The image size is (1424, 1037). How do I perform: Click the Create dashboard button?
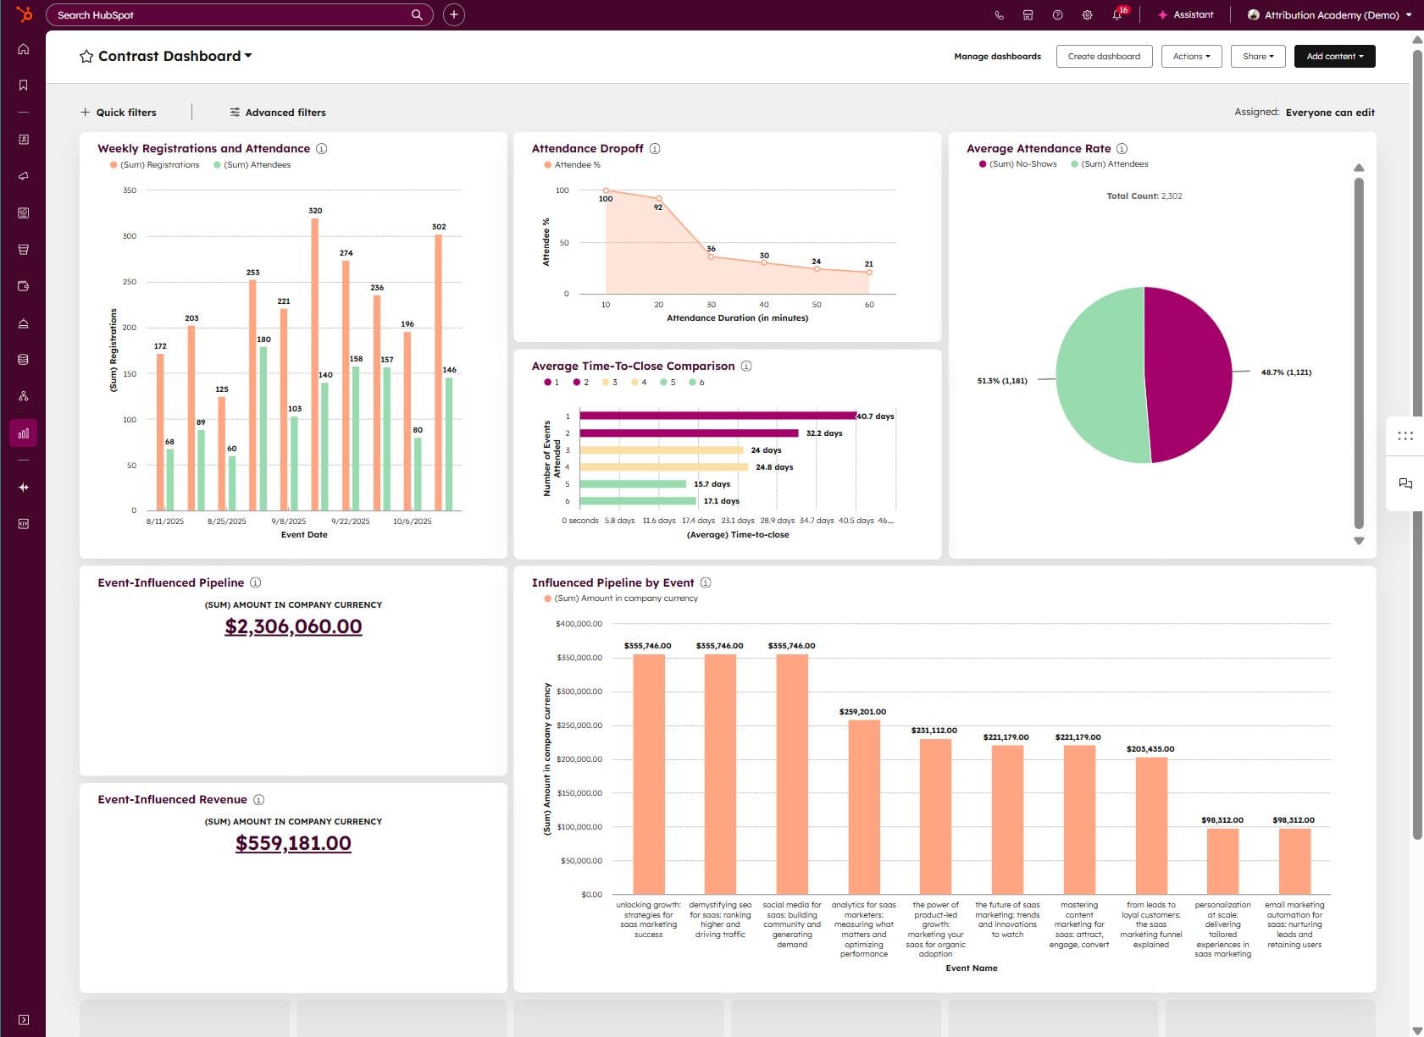tap(1104, 57)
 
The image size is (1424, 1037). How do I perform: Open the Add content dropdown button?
tap(1334, 57)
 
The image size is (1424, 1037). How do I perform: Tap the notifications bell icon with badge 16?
tap(1118, 15)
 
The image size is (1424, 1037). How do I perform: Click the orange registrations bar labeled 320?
tap(315, 364)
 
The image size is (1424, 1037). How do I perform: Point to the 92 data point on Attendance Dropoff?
tap(659, 199)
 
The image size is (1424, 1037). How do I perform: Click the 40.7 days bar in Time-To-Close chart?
tap(717, 416)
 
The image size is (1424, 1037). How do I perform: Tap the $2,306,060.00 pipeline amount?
tap(293, 626)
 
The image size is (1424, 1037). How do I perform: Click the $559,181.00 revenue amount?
tap(293, 843)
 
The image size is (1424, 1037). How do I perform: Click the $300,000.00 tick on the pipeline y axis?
tap(579, 692)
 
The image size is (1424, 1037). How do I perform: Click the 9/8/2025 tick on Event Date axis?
tap(289, 521)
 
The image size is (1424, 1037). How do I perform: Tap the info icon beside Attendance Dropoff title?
tap(655, 149)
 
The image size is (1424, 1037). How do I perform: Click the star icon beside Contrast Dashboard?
tap(86, 57)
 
